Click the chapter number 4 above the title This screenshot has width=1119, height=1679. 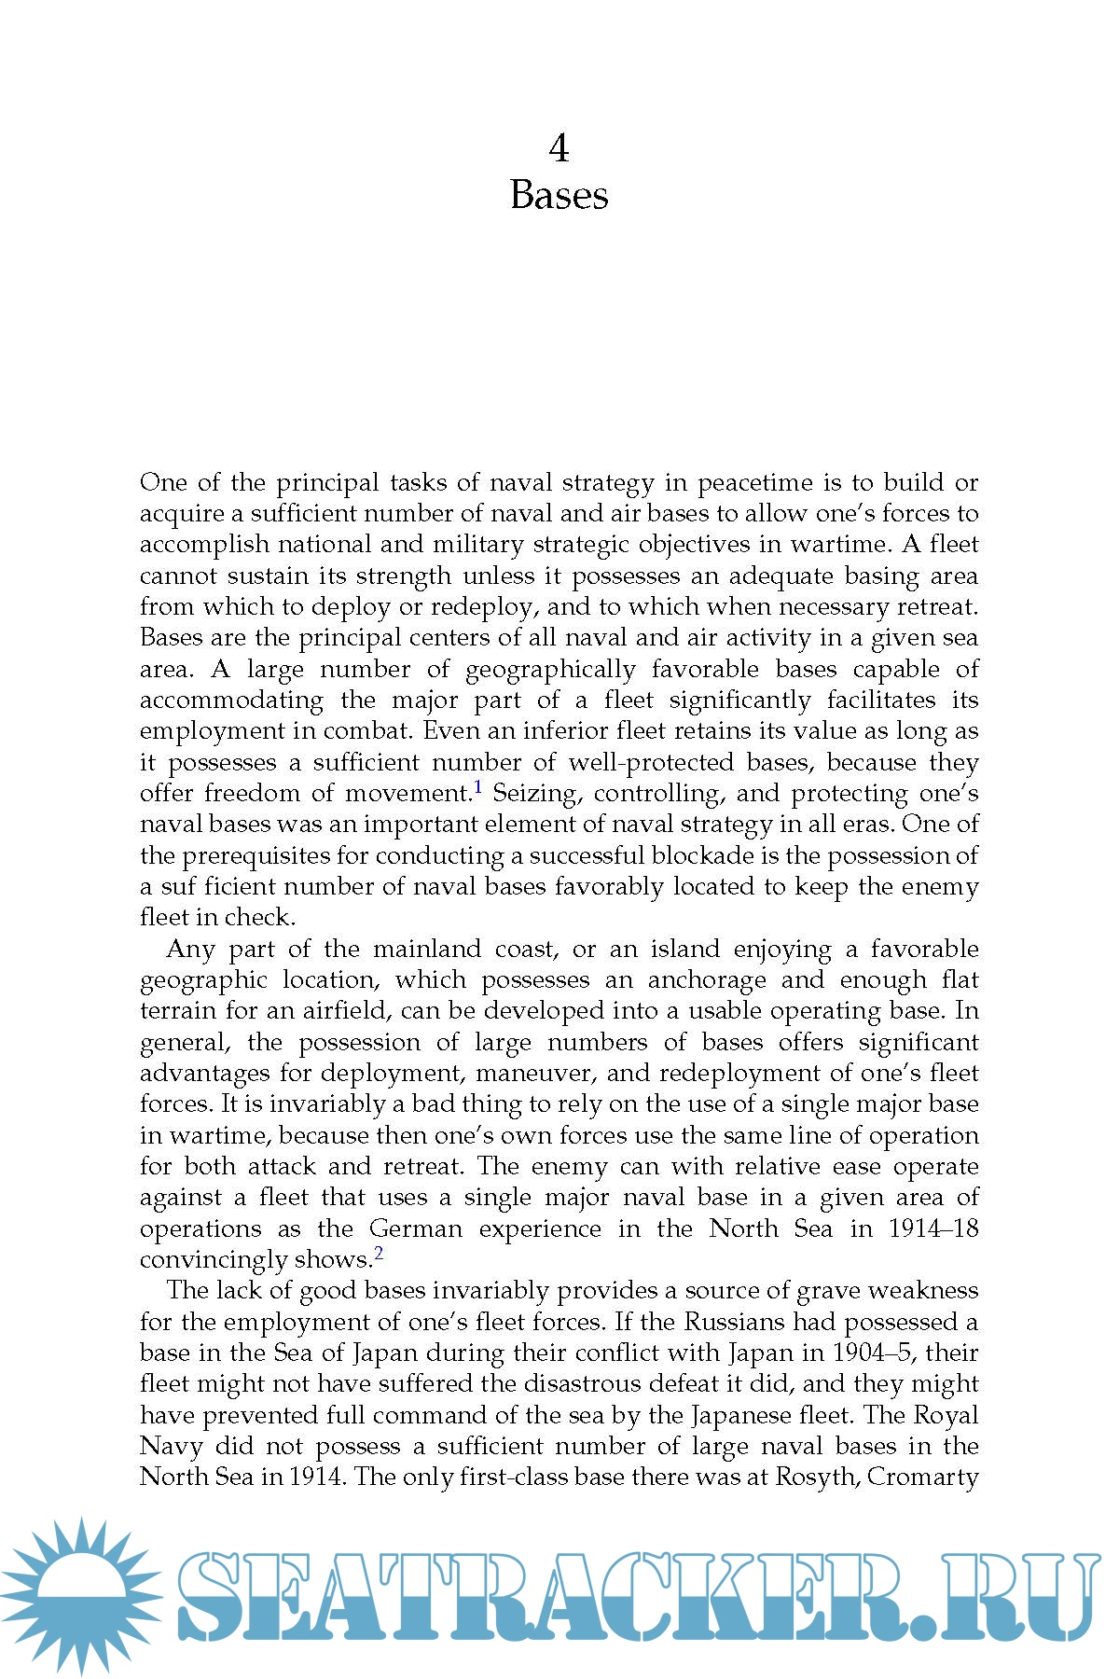pyautogui.click(x=559, y=148)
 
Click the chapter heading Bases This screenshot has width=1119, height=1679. pyautogui.click(x=559, y=195)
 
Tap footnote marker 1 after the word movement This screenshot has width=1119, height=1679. pyautogui.click(x=478, y=788)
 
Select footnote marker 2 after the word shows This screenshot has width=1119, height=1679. pyautogui.click(x=379, y=1254)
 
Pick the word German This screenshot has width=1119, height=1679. pyautogui.click(x=416, y=1228)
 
